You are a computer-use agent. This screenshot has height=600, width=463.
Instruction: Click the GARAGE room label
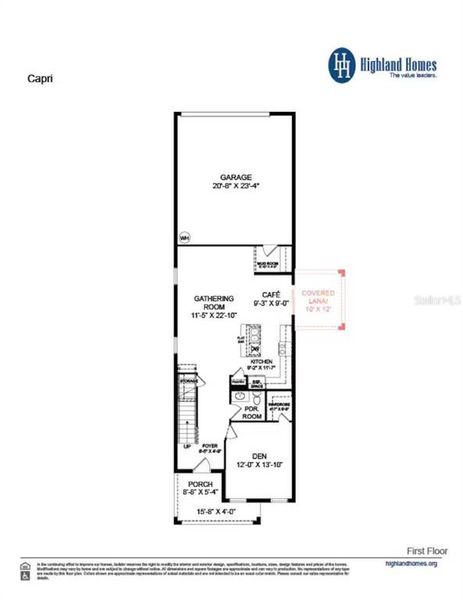236,177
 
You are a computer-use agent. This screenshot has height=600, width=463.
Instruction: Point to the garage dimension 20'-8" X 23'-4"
236,187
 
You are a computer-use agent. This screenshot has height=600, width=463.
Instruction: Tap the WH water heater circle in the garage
184,238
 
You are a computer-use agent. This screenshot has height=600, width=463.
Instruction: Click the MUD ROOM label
268,265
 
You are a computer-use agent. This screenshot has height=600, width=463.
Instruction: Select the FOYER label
209,446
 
